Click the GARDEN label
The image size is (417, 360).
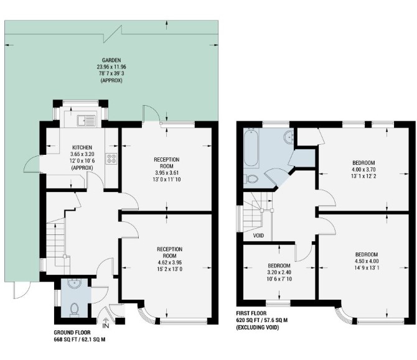111,60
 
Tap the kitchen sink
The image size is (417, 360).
86,121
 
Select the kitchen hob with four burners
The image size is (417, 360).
111,159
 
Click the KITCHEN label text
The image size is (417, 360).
82,147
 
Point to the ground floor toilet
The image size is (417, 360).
74,310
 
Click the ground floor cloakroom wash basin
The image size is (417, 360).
74,284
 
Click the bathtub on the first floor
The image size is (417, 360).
251,148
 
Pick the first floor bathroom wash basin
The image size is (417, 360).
289,137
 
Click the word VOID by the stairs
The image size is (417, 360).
258,236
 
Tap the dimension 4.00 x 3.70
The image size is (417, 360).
363,169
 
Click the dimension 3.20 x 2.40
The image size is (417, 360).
279,272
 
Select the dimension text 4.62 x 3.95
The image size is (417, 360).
170,262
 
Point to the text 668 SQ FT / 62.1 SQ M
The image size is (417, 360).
80,339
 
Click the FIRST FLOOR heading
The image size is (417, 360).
251,313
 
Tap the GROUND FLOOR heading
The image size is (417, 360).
72,333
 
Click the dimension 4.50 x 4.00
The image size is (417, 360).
367,261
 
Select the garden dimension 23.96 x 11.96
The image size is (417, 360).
111,67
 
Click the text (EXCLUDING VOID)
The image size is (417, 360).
258,327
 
